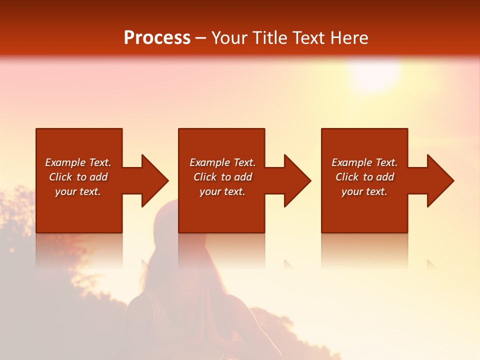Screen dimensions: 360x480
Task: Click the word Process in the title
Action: (x=157, y=38)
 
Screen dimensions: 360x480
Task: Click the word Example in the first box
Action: (x=65, y=162)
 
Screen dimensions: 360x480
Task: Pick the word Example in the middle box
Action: (x=209, y=162)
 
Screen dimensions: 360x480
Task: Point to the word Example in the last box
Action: (x=351, y=162)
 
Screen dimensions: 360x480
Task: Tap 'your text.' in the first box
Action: (x=78, y=191)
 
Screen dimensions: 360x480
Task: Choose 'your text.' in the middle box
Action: (x=222, y=191)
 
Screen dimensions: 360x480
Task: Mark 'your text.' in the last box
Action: (x=364, y=191)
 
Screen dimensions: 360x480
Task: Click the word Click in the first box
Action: (x=61, y=177)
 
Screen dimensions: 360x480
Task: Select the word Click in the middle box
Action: (x=205, y=177)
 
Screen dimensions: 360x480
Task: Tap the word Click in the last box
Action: (x=347, y=177)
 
